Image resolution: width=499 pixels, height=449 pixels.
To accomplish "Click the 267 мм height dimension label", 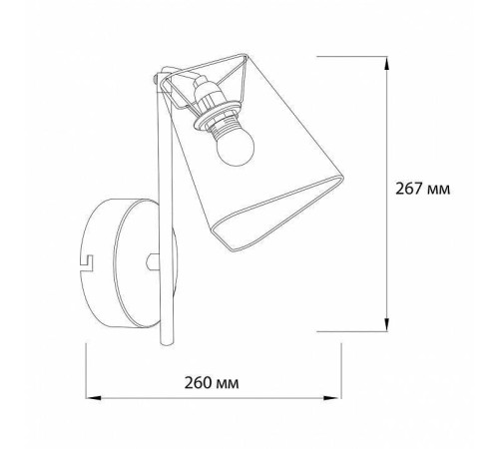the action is pos(422,189).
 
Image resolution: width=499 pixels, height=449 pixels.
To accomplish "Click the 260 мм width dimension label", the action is pos(212,383).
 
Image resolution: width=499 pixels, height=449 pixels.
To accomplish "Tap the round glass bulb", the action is pos(235,149).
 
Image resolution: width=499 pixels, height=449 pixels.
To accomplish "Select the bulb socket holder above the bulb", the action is pos(204,93).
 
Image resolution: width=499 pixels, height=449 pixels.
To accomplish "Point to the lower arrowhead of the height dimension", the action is pos(386,324).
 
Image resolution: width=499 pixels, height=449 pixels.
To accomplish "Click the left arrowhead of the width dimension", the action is pos(93,397).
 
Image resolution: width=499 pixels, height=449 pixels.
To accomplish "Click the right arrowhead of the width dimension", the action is pos(332,397).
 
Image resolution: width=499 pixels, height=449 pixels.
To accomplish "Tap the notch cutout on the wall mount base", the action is pos(87,262).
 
